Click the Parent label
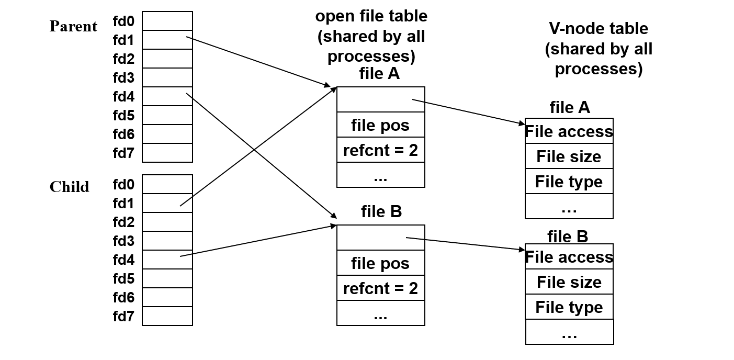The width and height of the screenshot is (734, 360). (x=73, y=26)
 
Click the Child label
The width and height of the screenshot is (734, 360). (x=69, y=187)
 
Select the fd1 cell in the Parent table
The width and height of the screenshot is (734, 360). (x=167, y=40)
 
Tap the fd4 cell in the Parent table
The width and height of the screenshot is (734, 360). (x=167, y=96)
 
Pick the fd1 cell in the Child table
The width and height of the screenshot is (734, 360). (x=167, y=203)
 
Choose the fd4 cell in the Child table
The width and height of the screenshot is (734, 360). (x=167, y=260)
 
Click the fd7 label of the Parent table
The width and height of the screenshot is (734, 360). (x=123, y=153)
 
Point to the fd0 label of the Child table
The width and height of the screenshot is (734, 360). (x=123, y=184)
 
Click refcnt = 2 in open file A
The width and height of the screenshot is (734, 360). (x=380, y=150)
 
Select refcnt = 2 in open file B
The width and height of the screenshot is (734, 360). (x=380, y=288)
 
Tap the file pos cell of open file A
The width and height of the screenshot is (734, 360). (x=380, y=125)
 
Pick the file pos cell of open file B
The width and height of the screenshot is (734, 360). (x=380, y=263)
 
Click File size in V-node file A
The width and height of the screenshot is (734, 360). (x=569, y=156)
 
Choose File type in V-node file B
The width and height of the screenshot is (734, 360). (x=569, y=307)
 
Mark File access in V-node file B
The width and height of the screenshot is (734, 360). (x=569, y=257)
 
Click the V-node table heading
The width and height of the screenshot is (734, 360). (x=599, y=48)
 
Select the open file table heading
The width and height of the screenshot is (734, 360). (x=371, y=36)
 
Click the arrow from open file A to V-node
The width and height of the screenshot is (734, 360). (x=468, y=111)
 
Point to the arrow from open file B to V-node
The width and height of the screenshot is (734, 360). (x=466, y=244)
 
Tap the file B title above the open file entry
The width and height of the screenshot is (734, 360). (x=381, y=211)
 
